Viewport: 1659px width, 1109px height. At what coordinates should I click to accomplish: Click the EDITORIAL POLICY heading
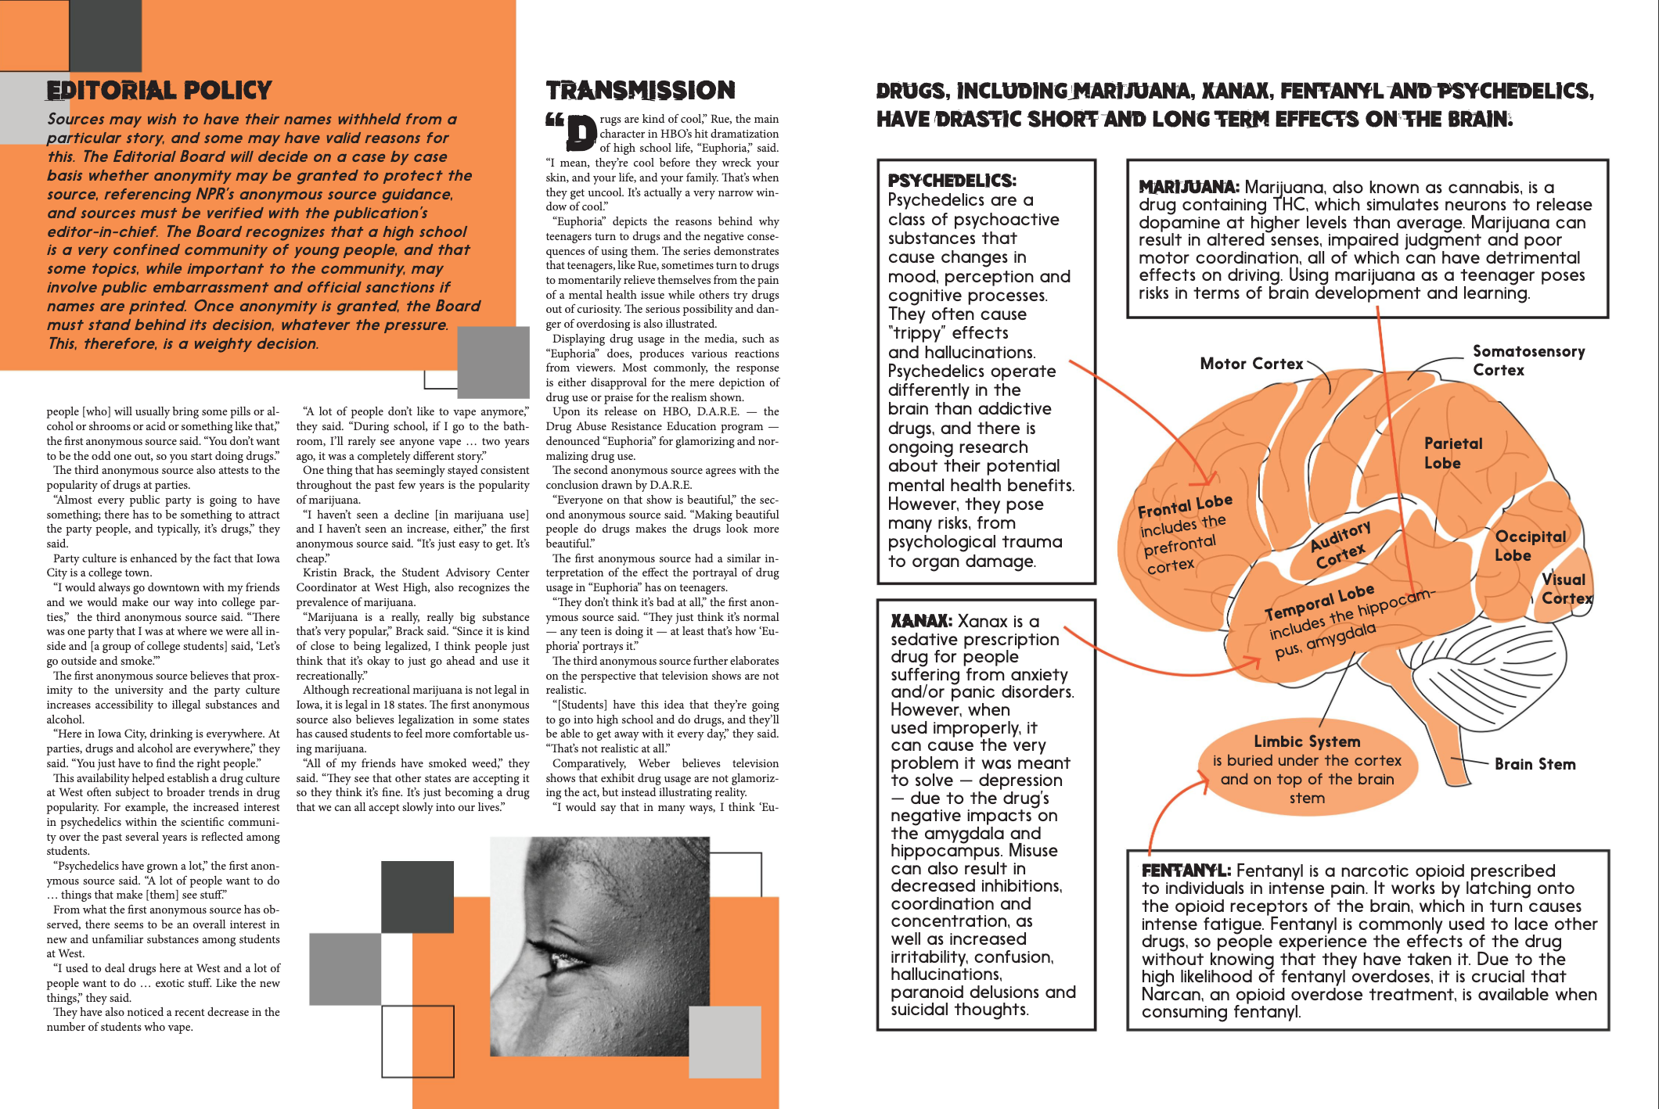(159, 91)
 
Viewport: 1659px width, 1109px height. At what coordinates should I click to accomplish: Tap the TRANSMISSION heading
(640, 91)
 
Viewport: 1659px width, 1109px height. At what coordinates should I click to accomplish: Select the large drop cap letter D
(581, 133)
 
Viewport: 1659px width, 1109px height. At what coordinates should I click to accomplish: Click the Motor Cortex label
(1251, 364)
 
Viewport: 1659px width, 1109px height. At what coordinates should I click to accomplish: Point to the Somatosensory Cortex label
(1528, 361)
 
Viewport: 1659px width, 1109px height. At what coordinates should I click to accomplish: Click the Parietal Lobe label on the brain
(1452, 453)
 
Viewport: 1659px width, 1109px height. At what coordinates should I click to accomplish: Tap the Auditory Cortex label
(1341, 544)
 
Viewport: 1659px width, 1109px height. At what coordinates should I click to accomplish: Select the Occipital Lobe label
(1530, 546)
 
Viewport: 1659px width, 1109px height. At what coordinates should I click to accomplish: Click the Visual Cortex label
(1566, 589)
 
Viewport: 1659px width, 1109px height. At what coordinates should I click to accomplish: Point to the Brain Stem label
(1535, 764)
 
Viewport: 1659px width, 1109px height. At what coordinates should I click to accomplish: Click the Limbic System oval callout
(1307, 768)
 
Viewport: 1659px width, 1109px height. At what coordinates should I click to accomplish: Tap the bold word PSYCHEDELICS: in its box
(952, 181)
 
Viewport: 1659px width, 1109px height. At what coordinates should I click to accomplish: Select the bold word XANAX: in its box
(921, 621)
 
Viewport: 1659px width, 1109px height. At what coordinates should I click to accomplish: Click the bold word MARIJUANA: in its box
(1188, 187)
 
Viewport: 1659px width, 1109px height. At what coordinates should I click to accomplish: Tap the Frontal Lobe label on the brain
(1185, 507)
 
